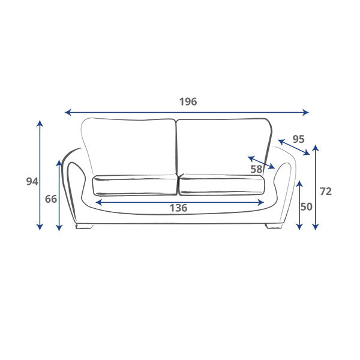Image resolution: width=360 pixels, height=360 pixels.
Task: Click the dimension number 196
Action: [188, 101]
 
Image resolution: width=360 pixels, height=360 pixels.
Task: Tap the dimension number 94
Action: [32, 182]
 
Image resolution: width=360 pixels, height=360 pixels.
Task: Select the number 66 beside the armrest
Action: [51, 199]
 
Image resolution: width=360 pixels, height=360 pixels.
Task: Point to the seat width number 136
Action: [178, 208]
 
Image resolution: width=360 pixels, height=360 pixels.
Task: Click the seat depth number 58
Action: [256, 169]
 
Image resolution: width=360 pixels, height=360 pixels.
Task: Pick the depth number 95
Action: [298, 139]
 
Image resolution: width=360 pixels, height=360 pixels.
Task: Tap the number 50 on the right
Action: [307, 207]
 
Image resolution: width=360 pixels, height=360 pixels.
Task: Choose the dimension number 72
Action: [326, 191]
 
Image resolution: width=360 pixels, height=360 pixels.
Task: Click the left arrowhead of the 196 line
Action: [68, 113]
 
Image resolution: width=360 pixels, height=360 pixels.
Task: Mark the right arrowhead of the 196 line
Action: [306, 113]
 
